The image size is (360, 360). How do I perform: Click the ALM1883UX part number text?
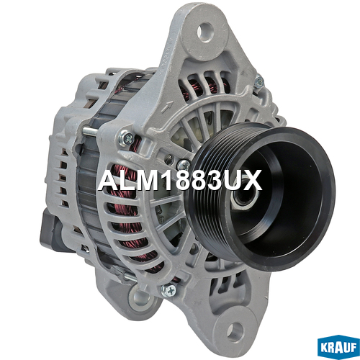(x=179, y=180)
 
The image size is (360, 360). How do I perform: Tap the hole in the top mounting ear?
(x=205, y=32)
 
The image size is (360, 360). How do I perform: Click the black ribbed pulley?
(x=261, y=196)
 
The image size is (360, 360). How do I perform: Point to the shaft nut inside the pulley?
(x=243, y=197)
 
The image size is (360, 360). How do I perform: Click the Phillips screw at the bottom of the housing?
(x=168, y=291)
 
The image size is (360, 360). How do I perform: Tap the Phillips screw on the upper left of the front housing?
(x=126, y=138)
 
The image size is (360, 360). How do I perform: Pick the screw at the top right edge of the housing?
(x=258, y=81)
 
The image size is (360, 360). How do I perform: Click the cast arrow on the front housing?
(x=166, y=107)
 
